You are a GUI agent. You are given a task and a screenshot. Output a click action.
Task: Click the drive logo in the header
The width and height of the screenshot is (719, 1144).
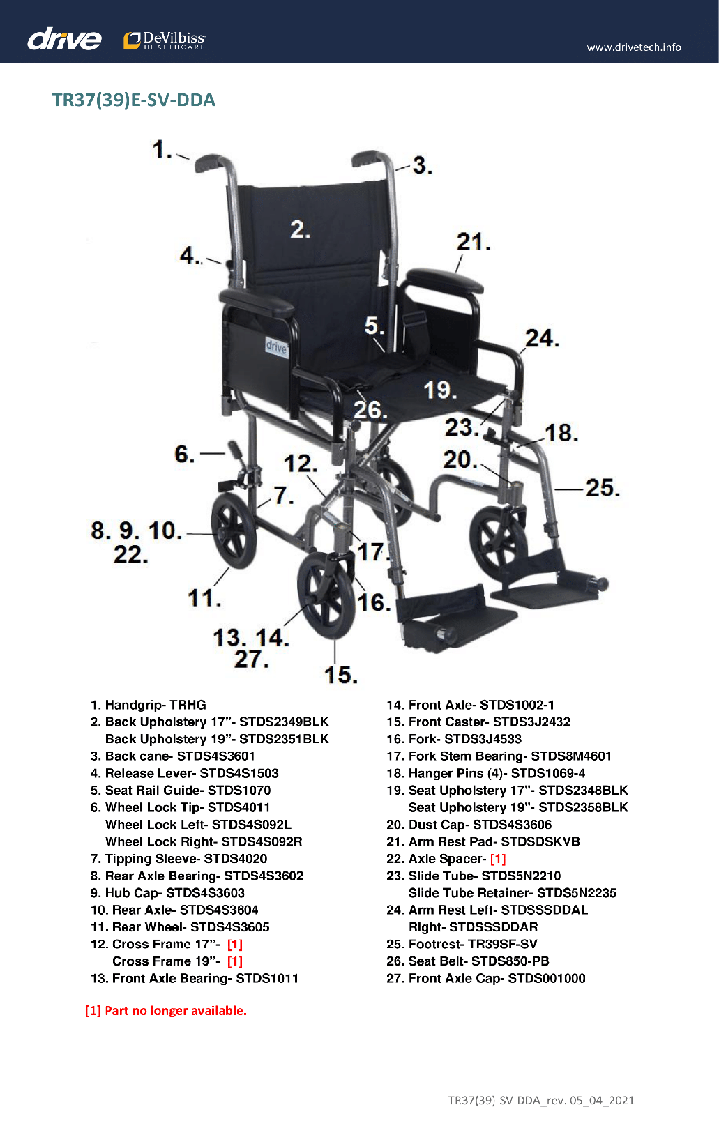(x=64, y=39)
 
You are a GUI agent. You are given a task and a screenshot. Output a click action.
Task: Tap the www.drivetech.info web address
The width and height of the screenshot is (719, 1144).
(x=634, y=47)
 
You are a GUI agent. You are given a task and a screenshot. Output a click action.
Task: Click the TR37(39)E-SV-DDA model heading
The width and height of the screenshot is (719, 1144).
(x=134, y=100)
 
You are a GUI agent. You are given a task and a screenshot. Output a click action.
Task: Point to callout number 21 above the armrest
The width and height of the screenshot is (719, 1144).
(x=474, y=242)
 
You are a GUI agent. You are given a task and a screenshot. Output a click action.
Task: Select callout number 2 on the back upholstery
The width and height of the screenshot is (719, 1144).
(x=300, y=229)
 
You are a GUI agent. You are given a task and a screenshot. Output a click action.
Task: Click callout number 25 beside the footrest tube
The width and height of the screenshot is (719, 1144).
(x=603, y=488)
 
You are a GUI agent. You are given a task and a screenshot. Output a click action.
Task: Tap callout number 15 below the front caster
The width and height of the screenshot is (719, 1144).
(x=341, y=675)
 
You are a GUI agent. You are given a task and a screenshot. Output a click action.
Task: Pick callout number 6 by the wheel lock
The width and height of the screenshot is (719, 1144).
(x=185, y=454)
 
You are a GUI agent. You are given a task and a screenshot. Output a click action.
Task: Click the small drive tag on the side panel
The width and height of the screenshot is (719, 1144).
(x=276, y=347)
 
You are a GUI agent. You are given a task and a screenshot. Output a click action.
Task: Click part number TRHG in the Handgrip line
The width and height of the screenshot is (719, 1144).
(x=188, y=705)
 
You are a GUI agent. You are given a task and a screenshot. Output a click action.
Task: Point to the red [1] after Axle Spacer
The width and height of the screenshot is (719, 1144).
(x=498, y=858)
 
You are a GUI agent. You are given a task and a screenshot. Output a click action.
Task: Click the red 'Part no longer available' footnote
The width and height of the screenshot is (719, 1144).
(x=165, y=1010)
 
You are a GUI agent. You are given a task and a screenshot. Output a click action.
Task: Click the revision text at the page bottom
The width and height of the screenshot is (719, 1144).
(x=541, y=1099)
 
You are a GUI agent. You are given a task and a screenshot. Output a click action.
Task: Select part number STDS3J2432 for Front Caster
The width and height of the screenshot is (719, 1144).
(x=531, y=722)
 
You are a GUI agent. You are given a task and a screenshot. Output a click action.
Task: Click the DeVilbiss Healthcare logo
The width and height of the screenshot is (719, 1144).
(x=164, y=40)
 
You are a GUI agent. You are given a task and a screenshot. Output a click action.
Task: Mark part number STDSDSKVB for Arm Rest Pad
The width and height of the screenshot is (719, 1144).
(x=540, y=841)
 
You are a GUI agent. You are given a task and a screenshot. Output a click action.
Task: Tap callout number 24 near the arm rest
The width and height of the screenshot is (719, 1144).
(x=542, y=339)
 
